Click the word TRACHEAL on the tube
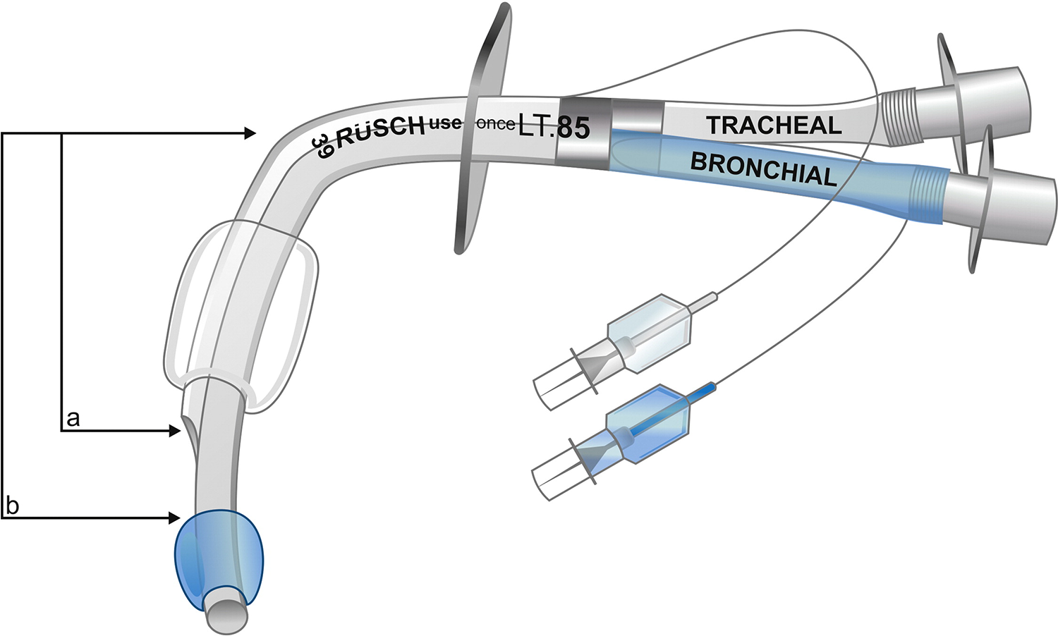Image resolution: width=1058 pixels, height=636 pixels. (774, 126)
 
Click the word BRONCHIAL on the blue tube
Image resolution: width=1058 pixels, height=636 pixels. (763, 170)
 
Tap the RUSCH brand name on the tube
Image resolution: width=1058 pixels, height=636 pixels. (380, 131)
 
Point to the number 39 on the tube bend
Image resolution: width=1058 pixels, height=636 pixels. (322, 147)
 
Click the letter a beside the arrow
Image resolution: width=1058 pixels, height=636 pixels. (72, 419)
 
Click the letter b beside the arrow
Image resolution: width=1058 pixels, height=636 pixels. (12, 506)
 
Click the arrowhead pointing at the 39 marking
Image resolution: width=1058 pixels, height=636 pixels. (250, 133)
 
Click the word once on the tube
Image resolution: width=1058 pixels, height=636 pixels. (495, 124)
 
